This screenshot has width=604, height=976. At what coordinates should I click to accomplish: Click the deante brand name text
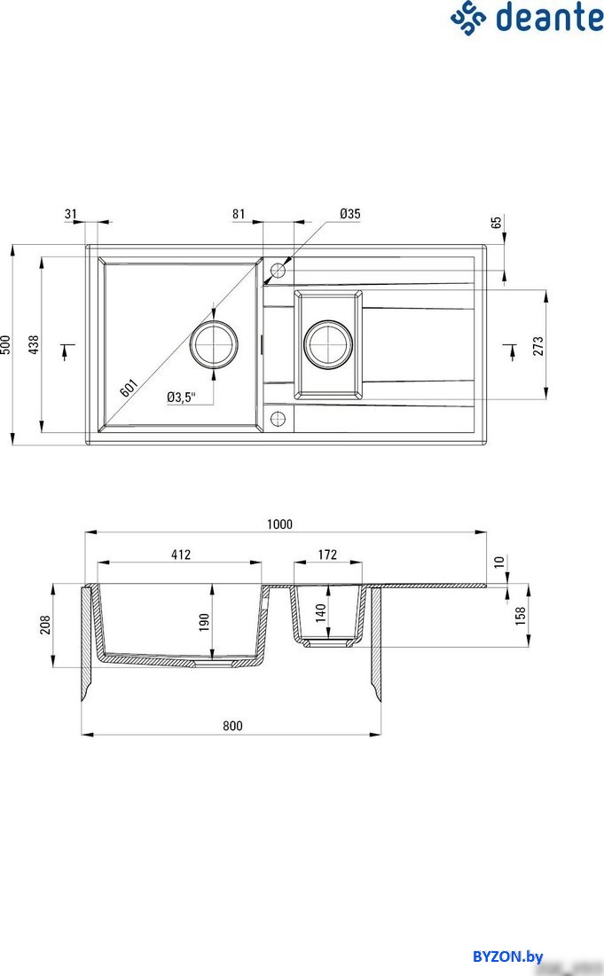pos(549,18)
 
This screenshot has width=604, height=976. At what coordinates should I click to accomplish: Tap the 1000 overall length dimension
pos(279,524)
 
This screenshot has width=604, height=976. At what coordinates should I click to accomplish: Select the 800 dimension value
pos(232,726)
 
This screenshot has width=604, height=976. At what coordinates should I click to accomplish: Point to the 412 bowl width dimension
pos(180,554)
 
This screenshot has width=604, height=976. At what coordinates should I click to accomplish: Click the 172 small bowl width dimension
pos(327,554)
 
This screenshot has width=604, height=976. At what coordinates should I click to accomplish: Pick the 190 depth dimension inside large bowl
pos(205,622)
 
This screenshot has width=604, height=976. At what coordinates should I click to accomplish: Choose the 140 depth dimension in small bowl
pos(321,612)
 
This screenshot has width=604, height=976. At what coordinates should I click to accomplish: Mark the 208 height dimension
pos(45,625)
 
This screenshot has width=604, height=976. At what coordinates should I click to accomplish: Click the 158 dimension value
pos(521,615)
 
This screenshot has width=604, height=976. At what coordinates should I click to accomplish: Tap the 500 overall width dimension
pos(5,345)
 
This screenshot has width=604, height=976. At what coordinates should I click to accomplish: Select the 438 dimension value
pos(34,345)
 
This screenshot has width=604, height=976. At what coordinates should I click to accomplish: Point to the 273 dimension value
pos(538,346)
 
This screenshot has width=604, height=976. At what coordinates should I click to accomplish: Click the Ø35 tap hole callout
pos(349,214)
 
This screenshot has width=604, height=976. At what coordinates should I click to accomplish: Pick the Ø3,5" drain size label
pos(181,397)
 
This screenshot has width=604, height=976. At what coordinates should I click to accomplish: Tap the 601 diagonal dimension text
pos(128,389)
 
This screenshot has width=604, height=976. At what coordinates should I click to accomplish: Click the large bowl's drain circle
pos(214,343)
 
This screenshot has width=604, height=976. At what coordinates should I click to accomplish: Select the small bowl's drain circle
pos(328,343)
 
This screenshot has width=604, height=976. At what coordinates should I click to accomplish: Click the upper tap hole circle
pos(278,271)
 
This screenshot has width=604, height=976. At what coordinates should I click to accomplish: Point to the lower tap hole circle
pos(278,419)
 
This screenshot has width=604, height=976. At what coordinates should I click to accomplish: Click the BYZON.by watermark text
pos(507,956)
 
